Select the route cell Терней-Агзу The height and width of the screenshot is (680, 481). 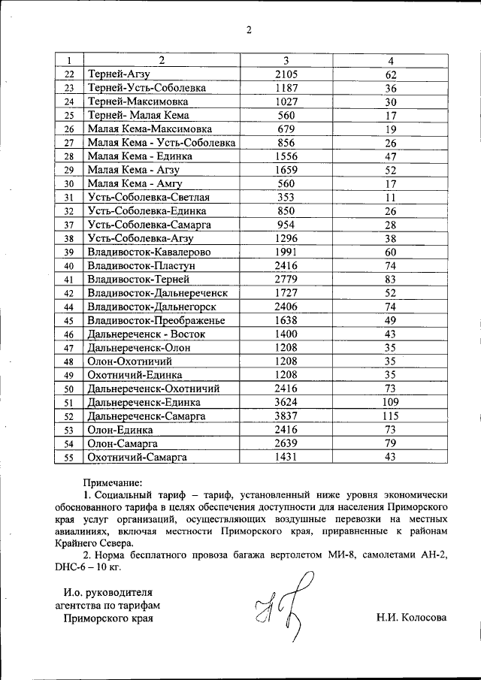pyautogui.click(x=119, y=74)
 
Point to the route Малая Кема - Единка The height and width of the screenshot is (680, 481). pyautogui.click(x=140, y=156)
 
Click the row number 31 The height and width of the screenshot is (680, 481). pyautogui.click(x=69, y=198)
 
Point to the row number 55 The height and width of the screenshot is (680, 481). pyautogui.click(x=69, y=457)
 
